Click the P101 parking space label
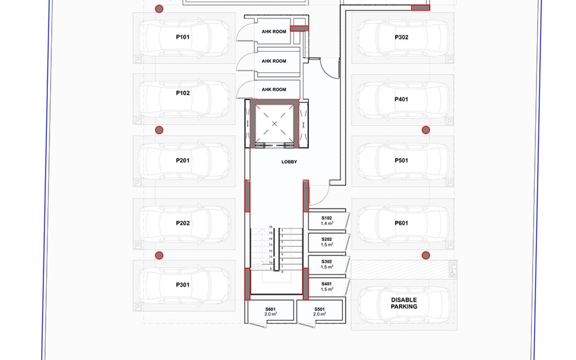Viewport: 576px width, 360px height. pyautogui.click(x=182, y=37)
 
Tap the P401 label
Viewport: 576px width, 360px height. pyautogui.click(x=401, y=99)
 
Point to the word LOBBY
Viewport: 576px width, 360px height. pyautogui.click(x=289, y=162)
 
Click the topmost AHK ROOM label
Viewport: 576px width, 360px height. pyautogui.click(x=274, y=31)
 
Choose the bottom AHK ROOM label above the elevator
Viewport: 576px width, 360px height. pyautogui.click(x=274, y=89)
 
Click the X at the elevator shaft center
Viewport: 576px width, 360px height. pyautogui.click(x=274, y=124)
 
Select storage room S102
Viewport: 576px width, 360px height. pyautogui.click(x=327, y=220)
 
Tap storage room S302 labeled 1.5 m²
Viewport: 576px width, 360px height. pyautogui.click(x=327, y=264)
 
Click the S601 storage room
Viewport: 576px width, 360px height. pyautogui.click(x=270, y=311)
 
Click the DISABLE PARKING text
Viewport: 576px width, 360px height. pyautogui.click(x=404, y=303)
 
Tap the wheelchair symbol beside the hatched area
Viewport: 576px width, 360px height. pyautogui.click(x=453, y=273)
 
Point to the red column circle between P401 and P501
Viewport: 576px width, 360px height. pyautogui.click(x=426, y=130)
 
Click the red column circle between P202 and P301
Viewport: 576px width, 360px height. pyautogui.click(x=159, y=255)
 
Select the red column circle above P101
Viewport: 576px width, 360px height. pyautogui.click(x=159, y=9)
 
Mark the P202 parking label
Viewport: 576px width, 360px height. pyautogui.click(x=182, y=223)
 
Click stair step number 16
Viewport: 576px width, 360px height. pyautogui.click(x=271, y=227)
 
